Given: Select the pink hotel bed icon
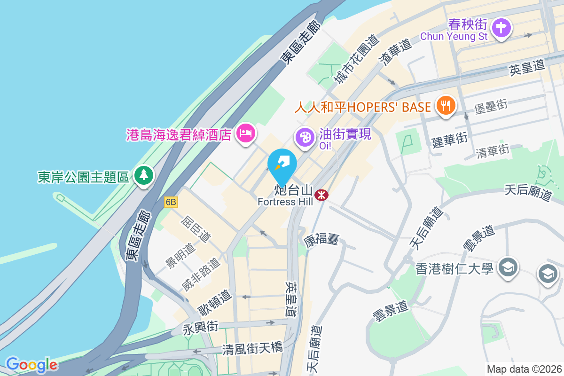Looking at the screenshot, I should [246, 133].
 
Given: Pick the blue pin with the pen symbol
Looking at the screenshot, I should [282, 165].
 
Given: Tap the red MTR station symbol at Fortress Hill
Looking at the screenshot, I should [322, 194].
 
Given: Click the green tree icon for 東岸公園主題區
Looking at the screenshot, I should [144, 175].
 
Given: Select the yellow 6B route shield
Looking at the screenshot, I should [171, 202].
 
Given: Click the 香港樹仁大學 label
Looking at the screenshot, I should [454, 269].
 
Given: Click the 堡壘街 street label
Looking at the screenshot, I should [491, 106].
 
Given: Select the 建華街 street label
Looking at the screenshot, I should [450, 140].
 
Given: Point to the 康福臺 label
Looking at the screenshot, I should [321, 241].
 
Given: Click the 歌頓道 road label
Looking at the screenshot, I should [215, 303].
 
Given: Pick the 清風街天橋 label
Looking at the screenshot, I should [253, 348].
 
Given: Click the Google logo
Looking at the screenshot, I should [31, 365].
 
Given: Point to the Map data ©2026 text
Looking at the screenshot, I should [524, 369].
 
